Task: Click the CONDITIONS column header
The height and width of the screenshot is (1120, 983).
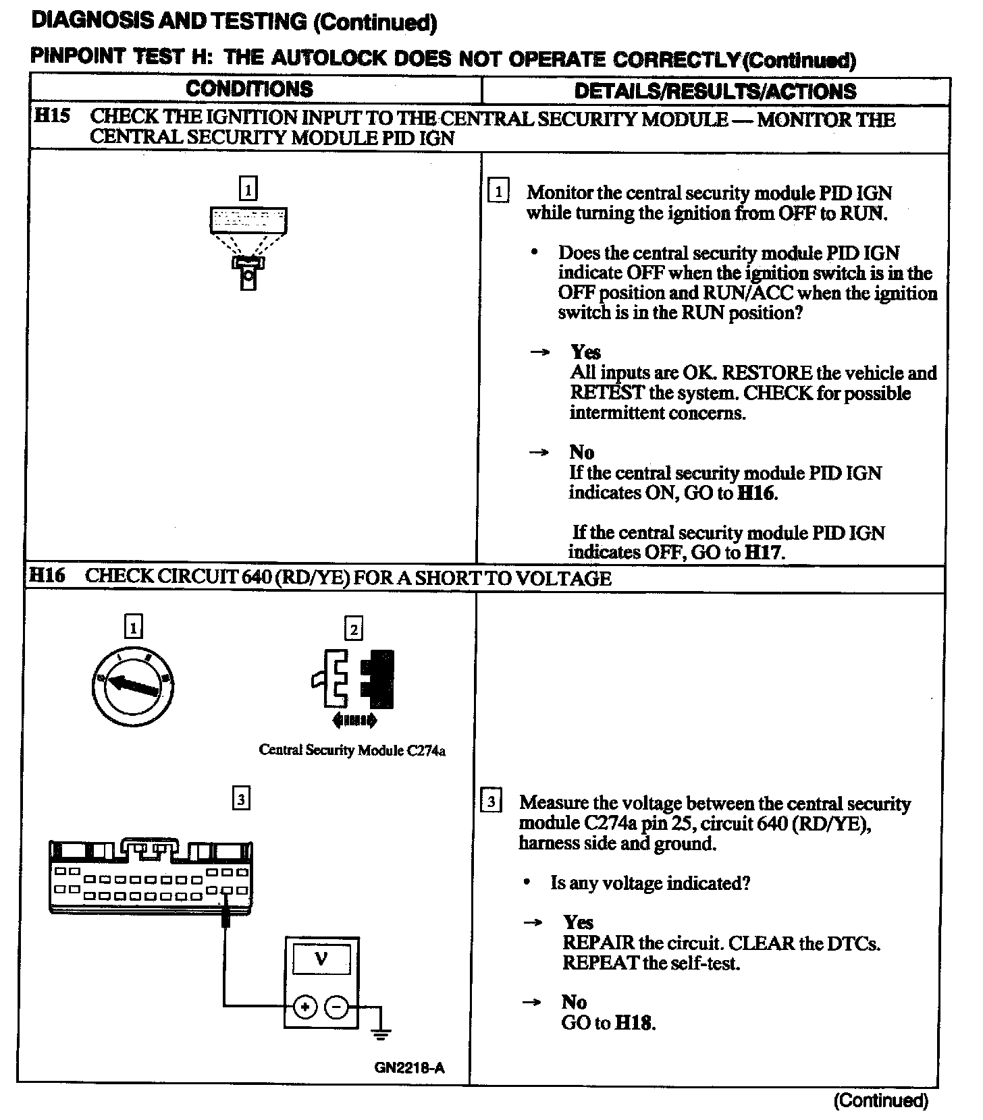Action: click(249, 89)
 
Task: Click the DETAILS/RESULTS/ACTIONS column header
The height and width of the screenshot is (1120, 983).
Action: click(715, 91)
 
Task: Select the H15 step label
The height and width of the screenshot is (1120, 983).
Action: click(51, 115)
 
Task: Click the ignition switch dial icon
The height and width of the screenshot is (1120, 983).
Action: click(132, 686)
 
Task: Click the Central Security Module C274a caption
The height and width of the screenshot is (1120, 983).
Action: click(352, 750)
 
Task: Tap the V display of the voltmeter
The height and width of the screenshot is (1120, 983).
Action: click(321, 959)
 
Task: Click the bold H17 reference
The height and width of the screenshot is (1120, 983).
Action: click(762, 553)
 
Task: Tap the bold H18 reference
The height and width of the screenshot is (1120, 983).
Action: click(634, 1023)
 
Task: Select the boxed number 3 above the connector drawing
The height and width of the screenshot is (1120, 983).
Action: click(241, 799)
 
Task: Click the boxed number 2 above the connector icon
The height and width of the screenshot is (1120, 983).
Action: click(354, 629)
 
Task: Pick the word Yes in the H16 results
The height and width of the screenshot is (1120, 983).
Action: click(578, 922)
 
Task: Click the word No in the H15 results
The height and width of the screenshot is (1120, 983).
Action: click(581, 452)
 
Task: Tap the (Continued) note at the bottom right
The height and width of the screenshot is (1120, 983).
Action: click(880, 1100)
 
